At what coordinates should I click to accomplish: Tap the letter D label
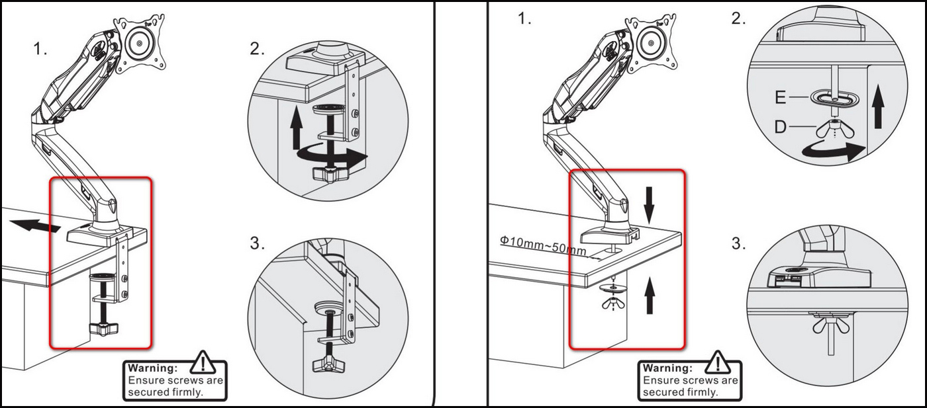(x=781, y=126)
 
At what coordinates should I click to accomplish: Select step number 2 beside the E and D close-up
(x=738, y=19)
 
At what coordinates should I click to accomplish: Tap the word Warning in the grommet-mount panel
(x=667, y=368)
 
